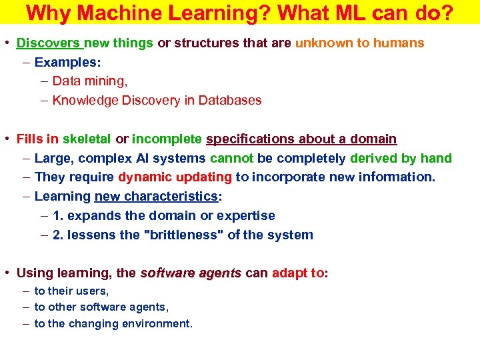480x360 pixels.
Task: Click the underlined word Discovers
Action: [48, 43]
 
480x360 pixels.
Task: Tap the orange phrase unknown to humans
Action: [359, 43]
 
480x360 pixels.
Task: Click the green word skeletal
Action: [87, 139]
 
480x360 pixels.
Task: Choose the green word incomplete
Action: [167, 139]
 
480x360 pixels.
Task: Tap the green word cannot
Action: [232, 159]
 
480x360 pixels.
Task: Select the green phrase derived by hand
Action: [401, 159]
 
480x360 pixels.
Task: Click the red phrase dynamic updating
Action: [175, 177]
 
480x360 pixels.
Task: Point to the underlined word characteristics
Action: [177, 197]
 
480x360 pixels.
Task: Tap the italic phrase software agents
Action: [191, 273]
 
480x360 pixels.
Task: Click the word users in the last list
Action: [93, 291]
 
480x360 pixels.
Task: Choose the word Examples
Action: [65, 63]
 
